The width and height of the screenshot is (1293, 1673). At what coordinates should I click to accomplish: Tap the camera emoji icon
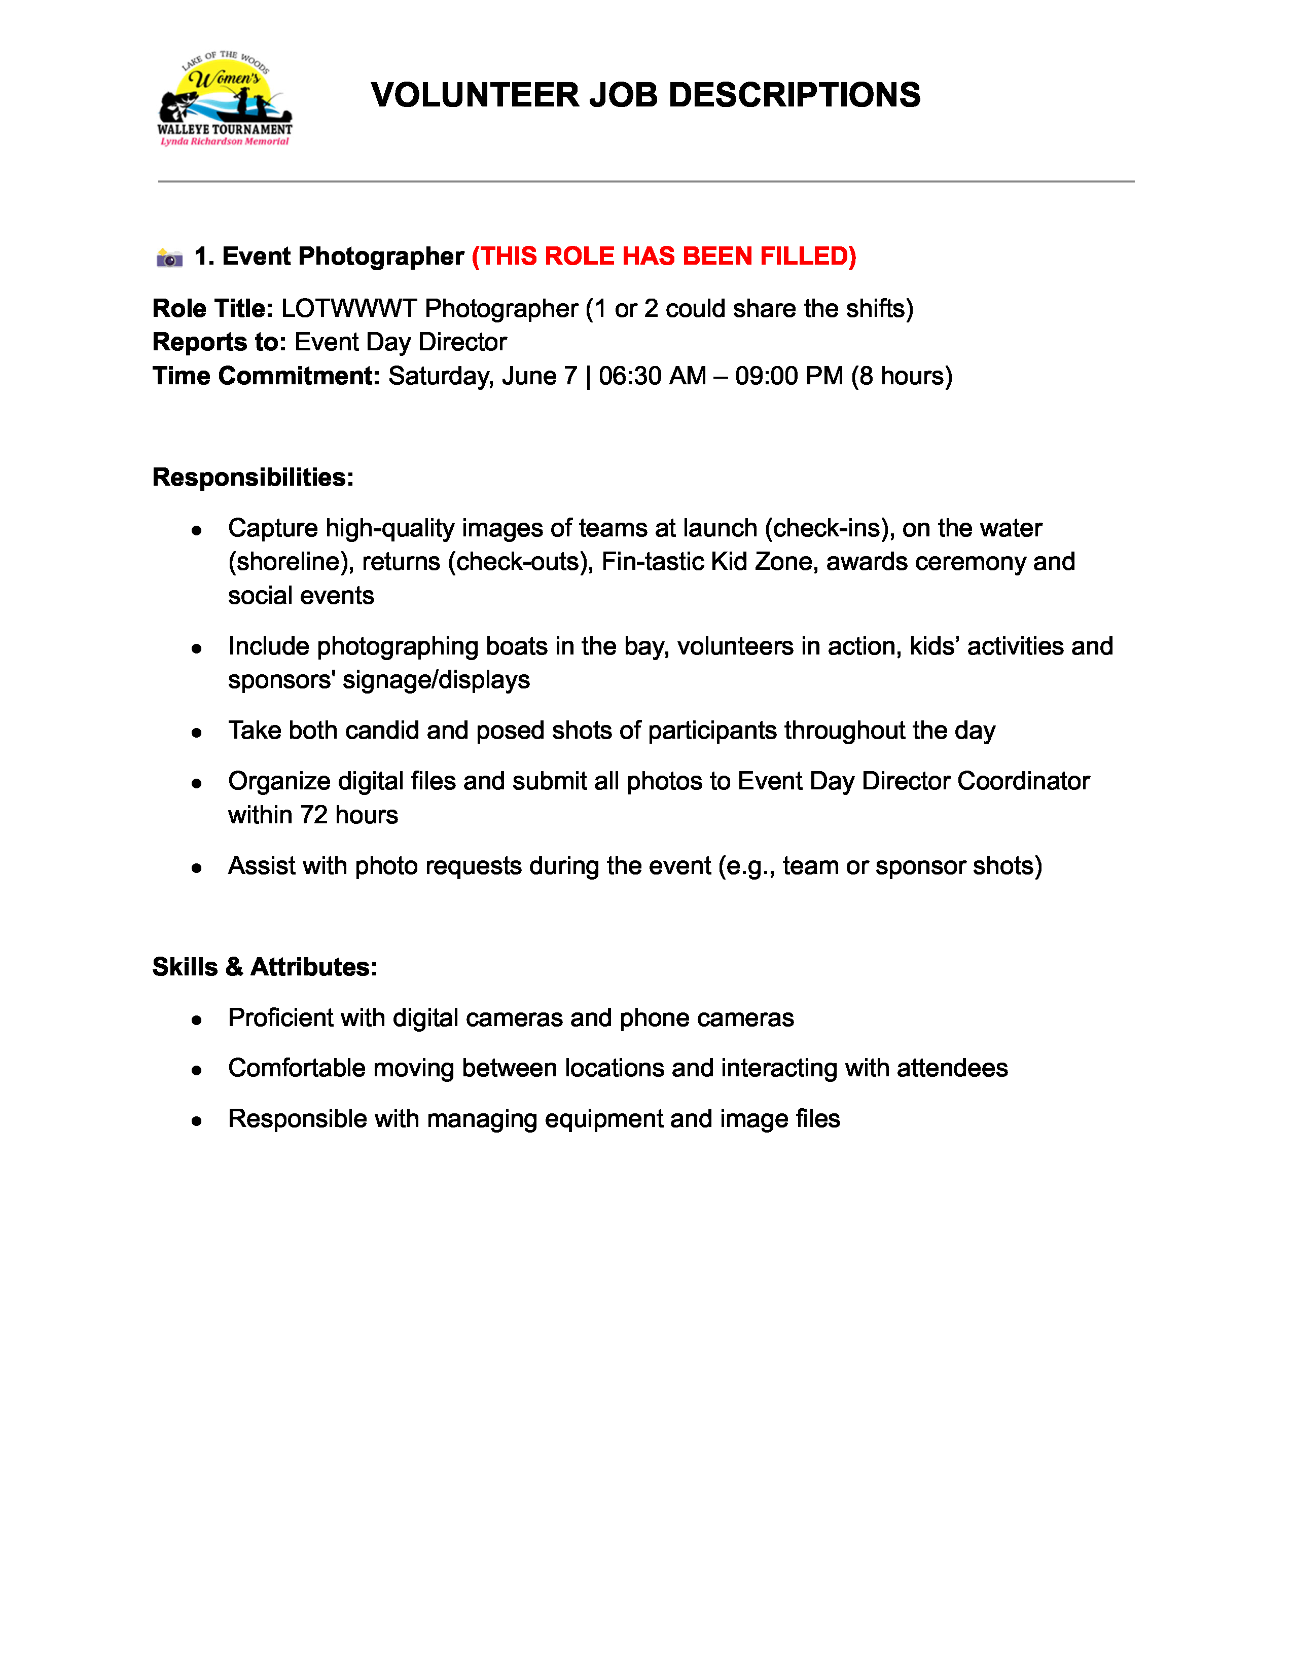tap(169, 258)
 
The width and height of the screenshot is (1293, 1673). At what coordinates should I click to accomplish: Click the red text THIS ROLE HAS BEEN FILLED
tap(663, 257)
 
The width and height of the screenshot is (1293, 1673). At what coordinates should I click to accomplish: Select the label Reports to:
tap(219, 342)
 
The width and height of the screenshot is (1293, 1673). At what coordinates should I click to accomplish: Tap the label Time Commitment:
tap(266, 376)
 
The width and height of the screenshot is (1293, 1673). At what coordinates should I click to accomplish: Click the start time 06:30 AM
tap(652, 376)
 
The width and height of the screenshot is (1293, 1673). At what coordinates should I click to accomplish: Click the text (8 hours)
tap(902, 376)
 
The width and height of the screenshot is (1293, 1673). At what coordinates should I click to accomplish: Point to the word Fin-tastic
tap(652, 562)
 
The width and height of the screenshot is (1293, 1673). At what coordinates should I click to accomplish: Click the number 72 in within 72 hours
tap(314, 815)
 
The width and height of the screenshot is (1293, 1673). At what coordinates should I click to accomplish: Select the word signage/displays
tap(436, 680)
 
